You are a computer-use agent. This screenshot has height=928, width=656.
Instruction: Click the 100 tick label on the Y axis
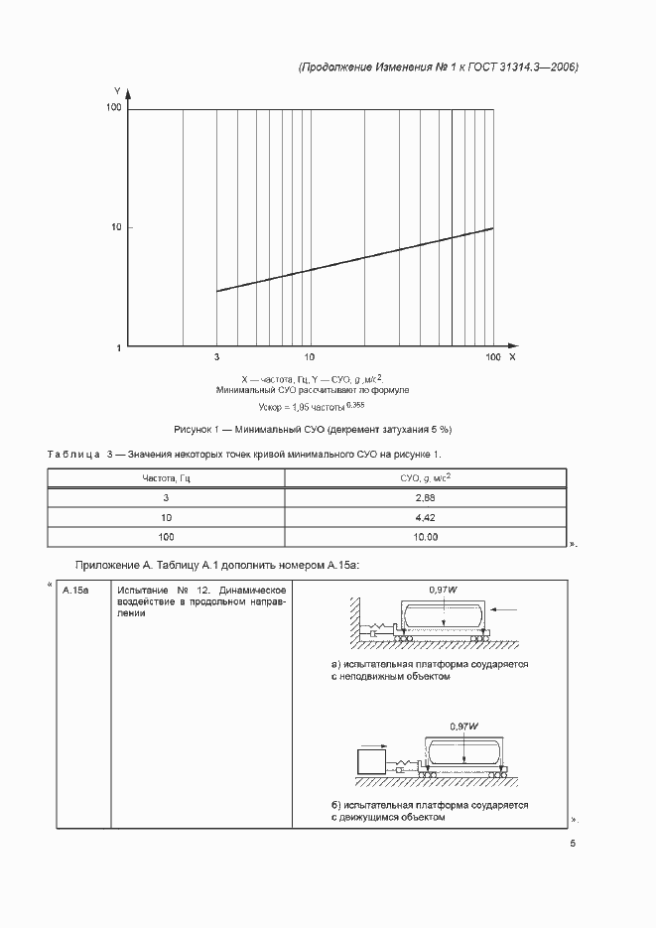[113, 107]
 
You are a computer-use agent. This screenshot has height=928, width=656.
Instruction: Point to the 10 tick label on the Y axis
[115, 227]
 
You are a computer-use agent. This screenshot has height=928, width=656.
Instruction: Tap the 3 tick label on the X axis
[216, 355]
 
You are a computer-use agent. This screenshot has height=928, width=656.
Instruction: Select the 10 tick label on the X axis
[310, 355]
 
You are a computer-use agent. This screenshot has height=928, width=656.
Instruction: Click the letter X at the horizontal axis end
[512, 355]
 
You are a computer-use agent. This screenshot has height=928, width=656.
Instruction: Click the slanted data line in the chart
[354, 259]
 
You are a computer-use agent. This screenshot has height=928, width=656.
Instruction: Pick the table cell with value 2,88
[426, 497]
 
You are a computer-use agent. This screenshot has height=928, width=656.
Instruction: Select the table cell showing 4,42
[426, 517]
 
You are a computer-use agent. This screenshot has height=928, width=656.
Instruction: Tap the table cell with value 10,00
[426, 537]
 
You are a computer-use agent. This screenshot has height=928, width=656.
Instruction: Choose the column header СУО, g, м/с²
[426, 477]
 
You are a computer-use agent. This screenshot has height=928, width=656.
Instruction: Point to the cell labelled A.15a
[76, 592]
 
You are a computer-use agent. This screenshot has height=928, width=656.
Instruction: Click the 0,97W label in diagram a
[443, 591]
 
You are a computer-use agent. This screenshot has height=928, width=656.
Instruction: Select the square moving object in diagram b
[371, 762]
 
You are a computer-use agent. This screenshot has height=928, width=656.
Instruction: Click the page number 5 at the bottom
[573, 844]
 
